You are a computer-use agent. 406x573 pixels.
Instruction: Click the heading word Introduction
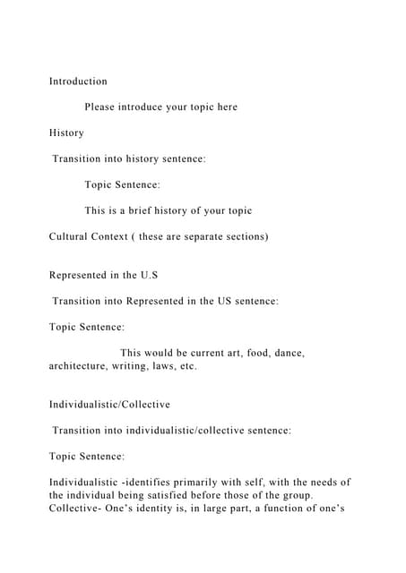coord(78,81)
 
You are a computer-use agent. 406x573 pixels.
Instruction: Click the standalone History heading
coord(66,133)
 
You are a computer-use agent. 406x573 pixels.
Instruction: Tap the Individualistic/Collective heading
coord(109,405)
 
